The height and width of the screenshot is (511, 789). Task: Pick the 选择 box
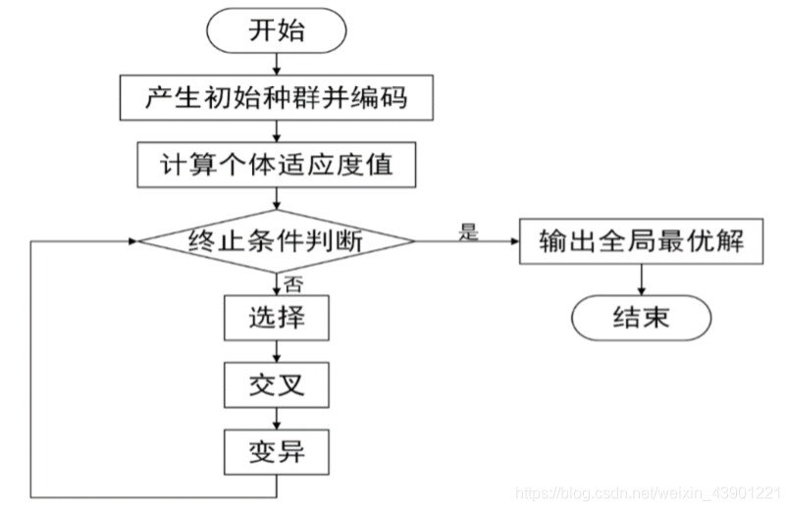pyautogui.click(x=275, y=318)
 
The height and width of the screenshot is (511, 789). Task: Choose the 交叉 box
pyautogui.click(x=275, y=385)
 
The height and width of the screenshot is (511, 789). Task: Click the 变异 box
pyautogui.click(x=275, y=452)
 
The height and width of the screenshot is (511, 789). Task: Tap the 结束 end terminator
pyautogui.click(x=641, y=317)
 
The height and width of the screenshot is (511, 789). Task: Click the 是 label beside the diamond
pyautogui.click(x=468, y=232)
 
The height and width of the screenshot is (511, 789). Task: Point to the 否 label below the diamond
pyautogui.click(x=292, y=282)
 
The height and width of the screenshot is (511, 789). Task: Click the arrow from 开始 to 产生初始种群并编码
pyautogui.click(x=275, y=65)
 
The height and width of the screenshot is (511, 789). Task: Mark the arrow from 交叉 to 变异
pyautogui.click(x=275, y=419)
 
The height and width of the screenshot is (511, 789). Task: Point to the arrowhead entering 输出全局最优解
pyautogui.click(x=511, y=240)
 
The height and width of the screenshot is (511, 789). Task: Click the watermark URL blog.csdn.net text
pyautogui.click(x=648, y=490)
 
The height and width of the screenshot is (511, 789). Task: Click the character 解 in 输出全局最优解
pyautogui.click(x=744, y=240)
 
